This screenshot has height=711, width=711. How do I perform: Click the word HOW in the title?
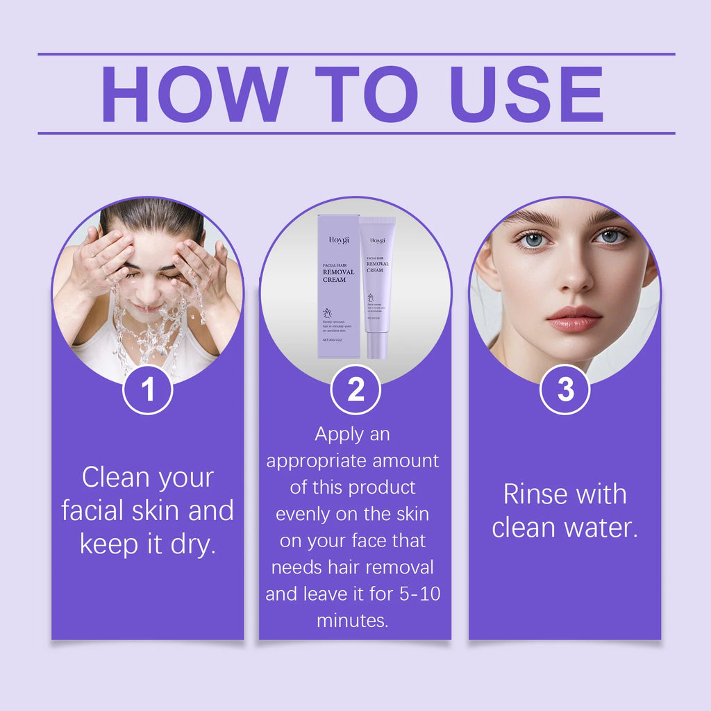pos(194,94)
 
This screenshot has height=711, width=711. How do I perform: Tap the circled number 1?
pos(148,390)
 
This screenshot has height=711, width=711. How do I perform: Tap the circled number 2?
pos(355,390)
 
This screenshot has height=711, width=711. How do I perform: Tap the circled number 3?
pos(565,390)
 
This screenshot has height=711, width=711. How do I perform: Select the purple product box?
pos(338,286)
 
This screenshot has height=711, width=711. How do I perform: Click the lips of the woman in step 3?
pos(574,319)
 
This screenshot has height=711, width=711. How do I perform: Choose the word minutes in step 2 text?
pos(352,621)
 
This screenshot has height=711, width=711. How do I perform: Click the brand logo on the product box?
pos(339,240)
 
